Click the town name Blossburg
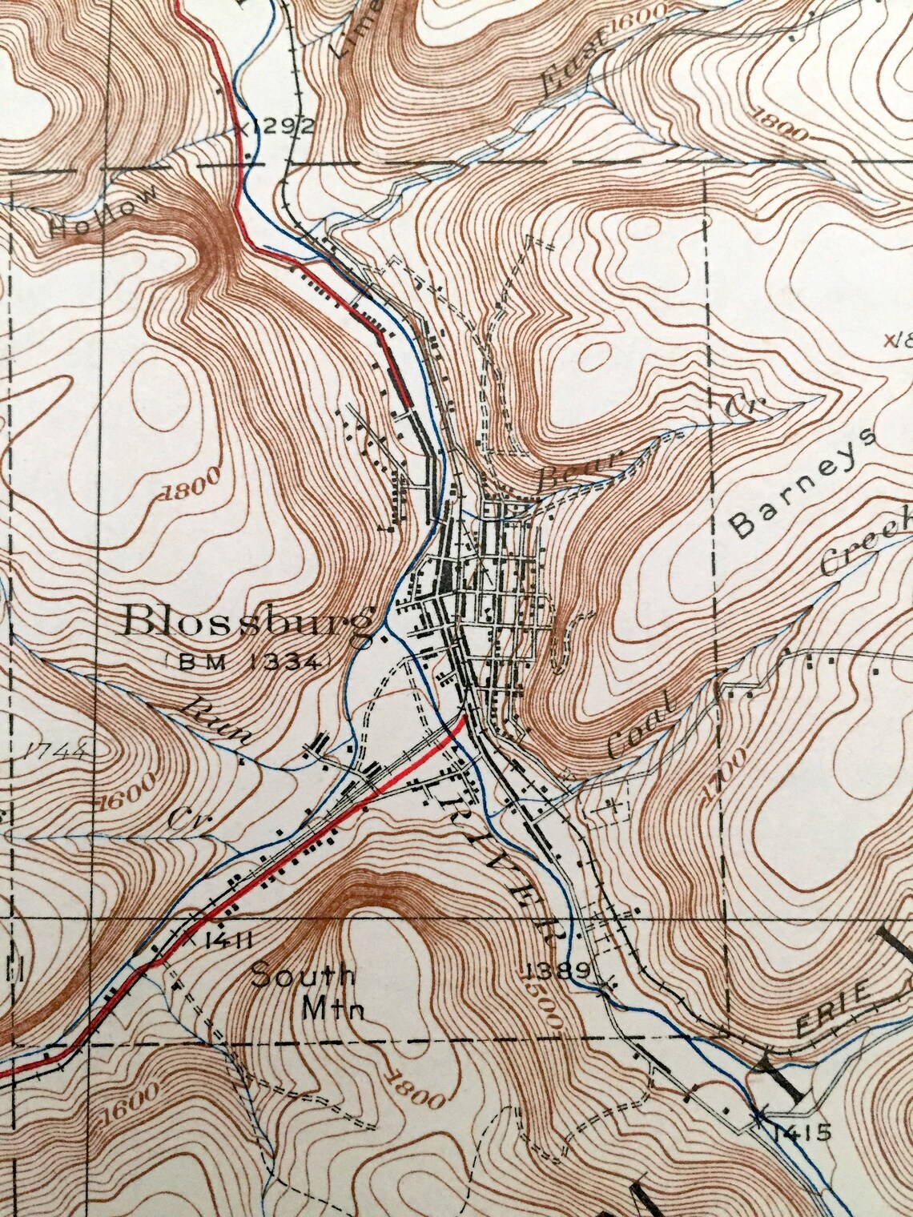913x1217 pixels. (250, 623)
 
